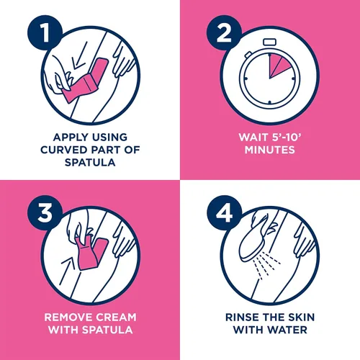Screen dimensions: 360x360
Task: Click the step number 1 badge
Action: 45,32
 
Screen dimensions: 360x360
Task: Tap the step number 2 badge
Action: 224,32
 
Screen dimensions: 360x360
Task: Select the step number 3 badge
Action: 45,213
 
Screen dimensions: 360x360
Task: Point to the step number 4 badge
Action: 224,213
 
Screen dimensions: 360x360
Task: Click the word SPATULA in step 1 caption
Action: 90,163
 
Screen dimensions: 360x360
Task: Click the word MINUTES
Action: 270,150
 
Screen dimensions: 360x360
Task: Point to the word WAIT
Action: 253,138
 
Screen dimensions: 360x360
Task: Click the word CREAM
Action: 115,318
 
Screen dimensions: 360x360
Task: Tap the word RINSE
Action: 242,318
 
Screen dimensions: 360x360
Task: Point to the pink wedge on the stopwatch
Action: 279,65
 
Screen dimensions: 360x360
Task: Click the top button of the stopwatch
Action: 270,42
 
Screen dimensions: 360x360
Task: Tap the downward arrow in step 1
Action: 79,55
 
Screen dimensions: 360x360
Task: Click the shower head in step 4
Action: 252,243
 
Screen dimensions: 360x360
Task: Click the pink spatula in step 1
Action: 85,81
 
